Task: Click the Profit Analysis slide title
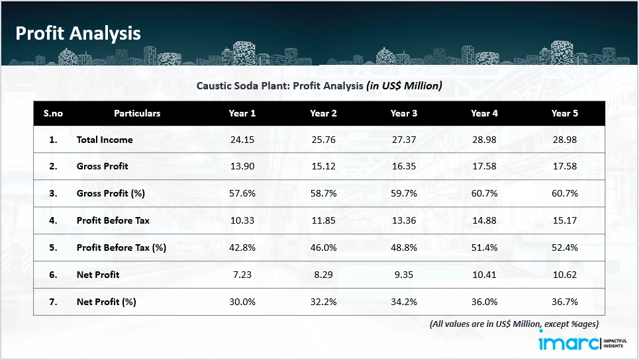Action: point(78,33)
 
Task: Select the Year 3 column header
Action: point(404,113)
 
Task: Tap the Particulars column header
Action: point(137,113)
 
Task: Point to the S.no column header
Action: point(53,113)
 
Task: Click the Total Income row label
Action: point(105,140)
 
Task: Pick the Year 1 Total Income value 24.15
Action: point(242,140)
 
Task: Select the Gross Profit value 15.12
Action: point(323,166)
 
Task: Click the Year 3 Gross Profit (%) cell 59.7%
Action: point(404,193)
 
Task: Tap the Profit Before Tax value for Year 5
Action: point(565,220)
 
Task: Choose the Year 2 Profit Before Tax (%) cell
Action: point(323,247)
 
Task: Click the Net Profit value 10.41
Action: point(484,275)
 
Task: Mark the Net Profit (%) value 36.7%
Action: point(565,302)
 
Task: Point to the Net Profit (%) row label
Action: point(106,302)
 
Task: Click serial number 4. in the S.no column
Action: point(53,220)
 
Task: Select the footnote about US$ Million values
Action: point(514,324)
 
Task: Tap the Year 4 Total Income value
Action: point(484,140)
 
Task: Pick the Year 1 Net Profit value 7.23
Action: point(242,275)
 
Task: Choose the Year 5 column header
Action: point(565,113)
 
